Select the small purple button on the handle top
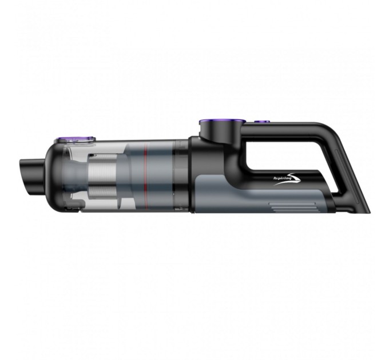(x=263, y=121)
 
